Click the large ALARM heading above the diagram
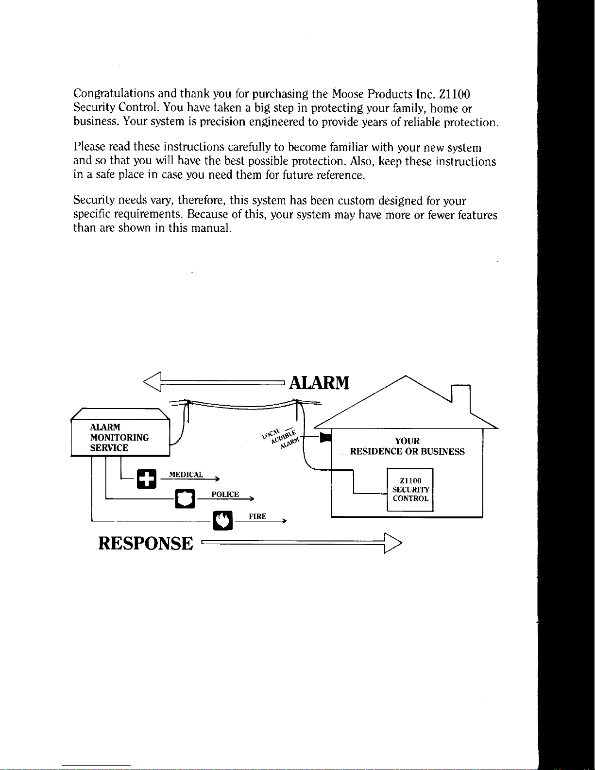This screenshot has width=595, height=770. [x=319, y=383]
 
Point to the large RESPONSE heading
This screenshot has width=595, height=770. [x=146, y=543]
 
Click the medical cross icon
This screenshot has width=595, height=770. [x=147, y=479]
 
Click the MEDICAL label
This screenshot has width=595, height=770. [x=186, y=474]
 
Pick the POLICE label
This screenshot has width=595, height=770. [x=225, y=495]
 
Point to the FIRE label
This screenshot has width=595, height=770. [x=257, y=516]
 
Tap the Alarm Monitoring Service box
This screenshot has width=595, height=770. [x=119, y=437]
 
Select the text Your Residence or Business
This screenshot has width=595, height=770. [x=407, y=446]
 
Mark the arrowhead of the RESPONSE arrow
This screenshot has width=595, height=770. [x=392, y=544]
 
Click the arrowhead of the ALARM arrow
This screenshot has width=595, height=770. [x=152, y=383]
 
